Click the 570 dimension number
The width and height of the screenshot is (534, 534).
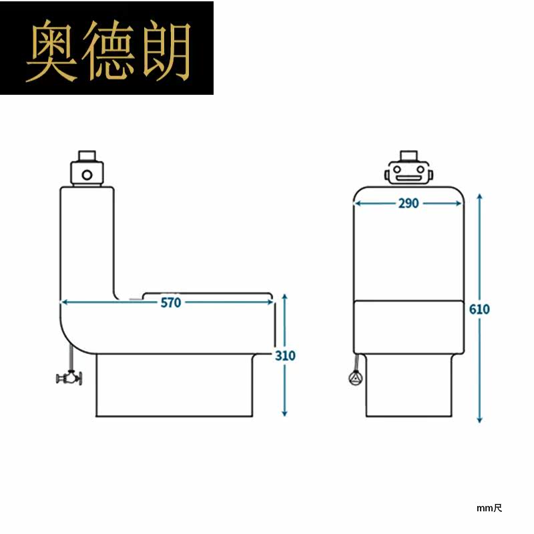(171, 302)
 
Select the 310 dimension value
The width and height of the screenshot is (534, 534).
(285, 356)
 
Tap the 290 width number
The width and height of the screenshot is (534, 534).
(409, 204)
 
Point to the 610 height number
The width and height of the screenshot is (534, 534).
(479, 309)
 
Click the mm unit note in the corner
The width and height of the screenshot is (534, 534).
(489, 509)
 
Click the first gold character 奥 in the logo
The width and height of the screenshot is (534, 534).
(51, 51)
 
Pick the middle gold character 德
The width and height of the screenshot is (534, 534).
(107, 51)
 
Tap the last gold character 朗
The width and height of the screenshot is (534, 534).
(166, 51)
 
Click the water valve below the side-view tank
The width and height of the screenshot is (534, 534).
(69, 377)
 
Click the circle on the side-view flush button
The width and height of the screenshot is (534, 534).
(87, 175)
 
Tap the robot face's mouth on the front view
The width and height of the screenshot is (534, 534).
(408, 178)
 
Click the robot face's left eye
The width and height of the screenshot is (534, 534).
(396, 170)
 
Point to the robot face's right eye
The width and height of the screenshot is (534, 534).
(421, 170)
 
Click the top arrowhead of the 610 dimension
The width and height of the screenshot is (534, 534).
(479, 198)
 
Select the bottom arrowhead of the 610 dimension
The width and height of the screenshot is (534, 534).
(479, 419)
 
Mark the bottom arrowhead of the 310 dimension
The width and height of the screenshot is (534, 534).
(285, 413)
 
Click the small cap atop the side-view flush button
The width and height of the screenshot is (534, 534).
(87, 156)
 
